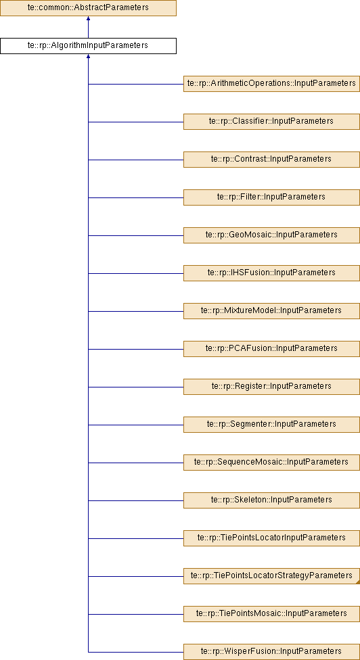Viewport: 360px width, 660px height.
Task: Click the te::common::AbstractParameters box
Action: tap(88, 8)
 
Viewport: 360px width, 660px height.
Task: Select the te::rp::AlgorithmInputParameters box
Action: tap(88, 46)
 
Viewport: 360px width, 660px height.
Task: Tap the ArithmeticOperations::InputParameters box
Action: tap(271, 84)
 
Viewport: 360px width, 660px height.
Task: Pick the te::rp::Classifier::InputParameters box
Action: tap(271, 122)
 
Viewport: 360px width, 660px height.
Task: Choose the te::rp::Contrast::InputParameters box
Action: tap(271, 160)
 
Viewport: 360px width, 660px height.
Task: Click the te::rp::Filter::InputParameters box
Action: tap(271, 197)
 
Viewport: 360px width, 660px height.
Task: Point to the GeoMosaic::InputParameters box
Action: tap(271, 235)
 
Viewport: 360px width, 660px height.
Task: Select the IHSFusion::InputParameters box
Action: tap(271, 273)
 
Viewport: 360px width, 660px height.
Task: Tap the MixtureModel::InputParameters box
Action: tap(271, 311)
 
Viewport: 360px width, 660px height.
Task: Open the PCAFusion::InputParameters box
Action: tap(271, 349)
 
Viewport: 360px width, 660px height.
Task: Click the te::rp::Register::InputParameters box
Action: tap(271, 387)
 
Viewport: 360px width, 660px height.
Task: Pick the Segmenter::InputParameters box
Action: tap(271, 425)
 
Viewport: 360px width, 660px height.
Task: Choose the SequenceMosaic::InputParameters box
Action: tap(271, 463)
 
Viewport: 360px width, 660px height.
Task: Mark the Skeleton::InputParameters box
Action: tap(271, 500)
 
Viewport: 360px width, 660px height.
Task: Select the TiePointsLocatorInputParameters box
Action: tap(271, 538)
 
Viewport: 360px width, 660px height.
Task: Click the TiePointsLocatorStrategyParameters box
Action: tap(271, 576)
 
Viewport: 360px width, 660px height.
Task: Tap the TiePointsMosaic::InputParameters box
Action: tap(271, 614)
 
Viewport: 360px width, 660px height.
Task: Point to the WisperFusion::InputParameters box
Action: tap(271, 652)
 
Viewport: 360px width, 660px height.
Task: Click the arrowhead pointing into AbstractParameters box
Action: tap(88, 18)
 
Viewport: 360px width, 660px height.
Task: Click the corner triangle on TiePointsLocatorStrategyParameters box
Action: tap(358, 582)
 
